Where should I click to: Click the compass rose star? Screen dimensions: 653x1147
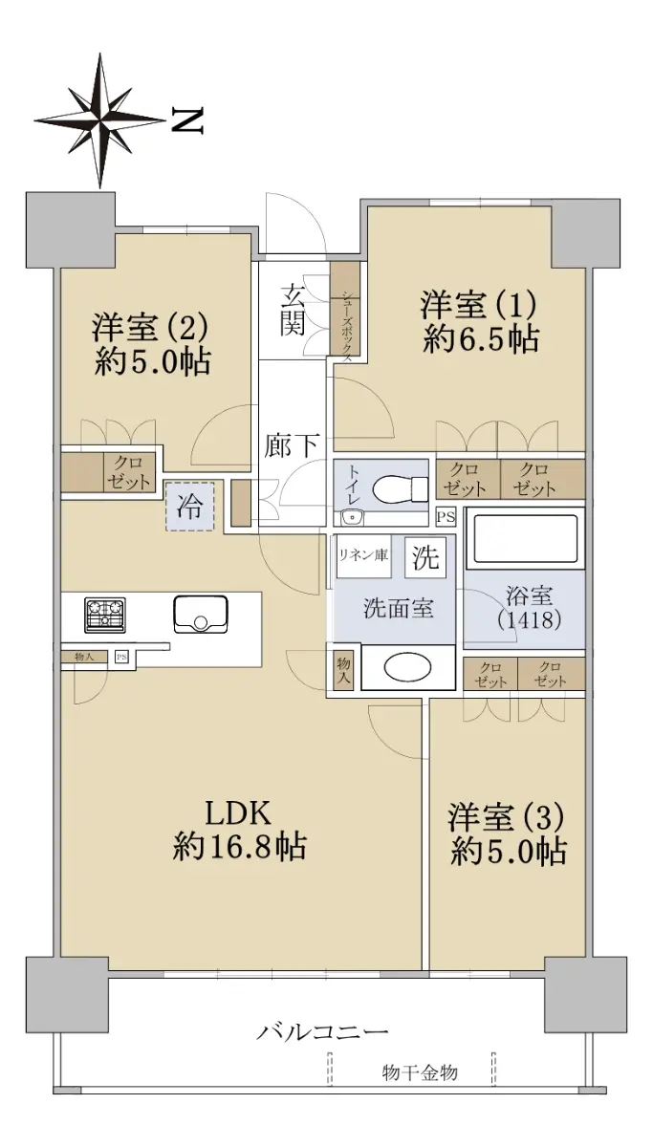pos(100,120)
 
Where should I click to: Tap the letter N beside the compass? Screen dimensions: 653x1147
pos(187,120)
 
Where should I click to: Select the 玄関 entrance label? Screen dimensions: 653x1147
pos(293,311)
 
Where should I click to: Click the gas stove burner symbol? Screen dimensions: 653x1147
pos(105,614)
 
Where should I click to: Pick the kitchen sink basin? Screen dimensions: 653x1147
pos(201,614)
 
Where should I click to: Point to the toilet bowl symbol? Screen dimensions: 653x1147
pos(400,490)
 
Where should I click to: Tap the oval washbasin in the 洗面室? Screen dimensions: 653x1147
pos(407,667)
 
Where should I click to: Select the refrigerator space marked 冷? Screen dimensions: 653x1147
pos(189,507)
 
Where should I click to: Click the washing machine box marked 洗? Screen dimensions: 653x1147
pos(425,556)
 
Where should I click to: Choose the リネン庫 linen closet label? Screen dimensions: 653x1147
pos(362,554)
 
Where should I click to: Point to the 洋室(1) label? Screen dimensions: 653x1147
pos(479,304)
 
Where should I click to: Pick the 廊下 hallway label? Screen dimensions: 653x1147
pos(293,444)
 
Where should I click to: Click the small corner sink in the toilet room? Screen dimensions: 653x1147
pos(353,518)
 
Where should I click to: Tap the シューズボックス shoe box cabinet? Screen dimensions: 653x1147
pos(346,313)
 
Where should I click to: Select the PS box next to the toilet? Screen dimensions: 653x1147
pos(446,517)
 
